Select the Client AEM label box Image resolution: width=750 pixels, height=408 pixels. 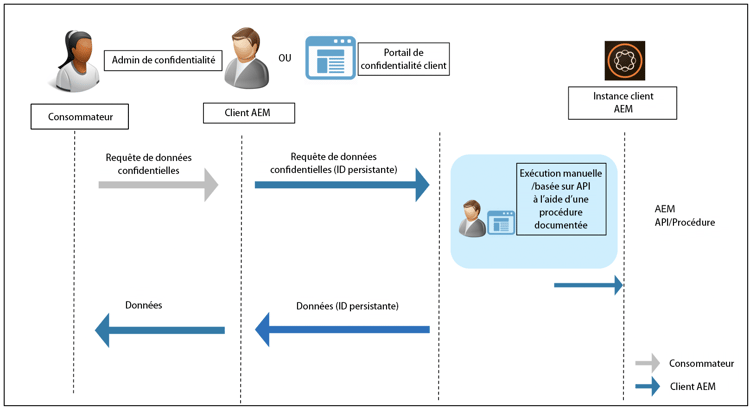click(249, 113)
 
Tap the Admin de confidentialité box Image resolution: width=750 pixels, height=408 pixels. click(163, 60)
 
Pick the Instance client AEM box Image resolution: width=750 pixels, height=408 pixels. click(617, 104)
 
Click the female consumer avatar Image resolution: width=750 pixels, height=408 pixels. click(70, 60)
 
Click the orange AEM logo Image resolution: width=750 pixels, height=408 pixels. click(618, 60)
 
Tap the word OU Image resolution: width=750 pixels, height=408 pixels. click(285, 56)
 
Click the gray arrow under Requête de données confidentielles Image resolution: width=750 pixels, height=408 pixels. click(157, 185)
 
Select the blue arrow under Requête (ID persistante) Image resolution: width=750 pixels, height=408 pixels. click(341, 185)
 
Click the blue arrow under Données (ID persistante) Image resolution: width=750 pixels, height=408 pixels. click(342, 328)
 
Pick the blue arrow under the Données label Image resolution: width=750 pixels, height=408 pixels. click(159, 328)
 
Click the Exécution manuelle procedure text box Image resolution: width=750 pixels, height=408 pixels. click(560, 199)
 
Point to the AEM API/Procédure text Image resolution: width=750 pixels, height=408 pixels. click(684, 216)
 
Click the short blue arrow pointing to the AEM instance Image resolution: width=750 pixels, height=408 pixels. click(589, 285)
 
